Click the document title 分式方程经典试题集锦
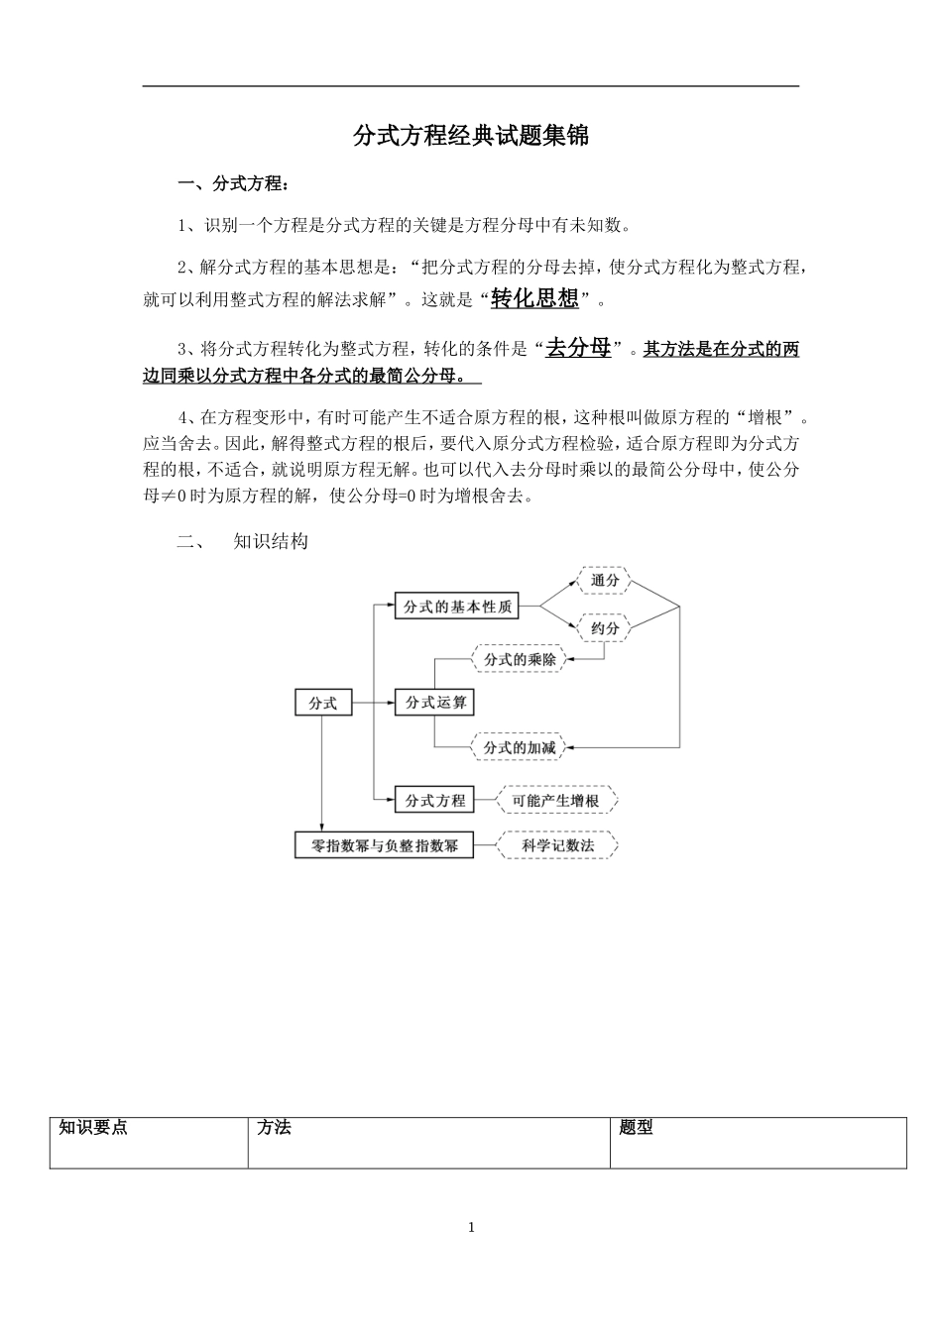coord(471,136)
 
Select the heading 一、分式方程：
coord(234,184)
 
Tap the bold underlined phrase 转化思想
coord(534,298)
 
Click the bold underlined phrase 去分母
coord(579,348)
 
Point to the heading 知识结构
coord(271,541)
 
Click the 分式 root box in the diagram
coord(323,703)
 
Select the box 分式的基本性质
coord(457,607)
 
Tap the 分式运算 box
coord(434,703)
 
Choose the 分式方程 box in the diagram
coord(434,800)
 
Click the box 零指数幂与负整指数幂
coord(385,846)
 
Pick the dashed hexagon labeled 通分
coord(605,581)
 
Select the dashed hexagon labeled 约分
coord(605,628)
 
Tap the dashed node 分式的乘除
coord(520,659)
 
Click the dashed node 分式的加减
coord(520,747)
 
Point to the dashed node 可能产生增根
coord(555,800)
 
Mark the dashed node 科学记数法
coord(558,846)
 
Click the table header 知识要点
coord(93,1128)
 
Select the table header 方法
coord(274,1128)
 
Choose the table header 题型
coord(636,1128)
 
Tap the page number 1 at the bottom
coord(471,1228)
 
